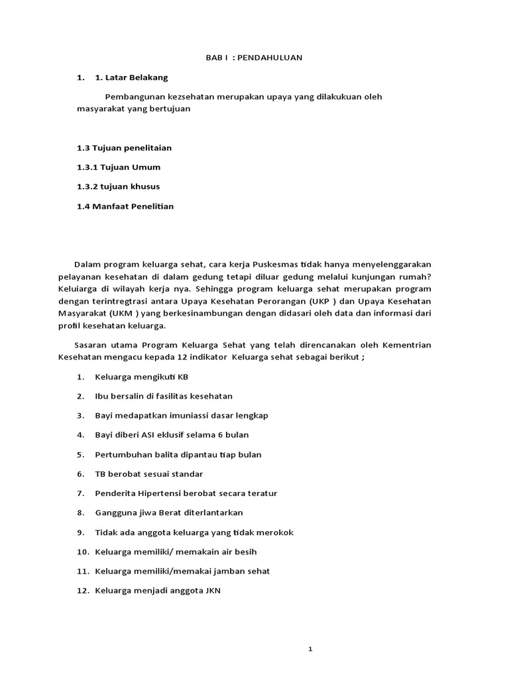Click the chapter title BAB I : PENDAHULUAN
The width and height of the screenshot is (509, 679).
click(254, 58)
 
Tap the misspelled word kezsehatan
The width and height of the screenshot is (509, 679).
click(189, 97)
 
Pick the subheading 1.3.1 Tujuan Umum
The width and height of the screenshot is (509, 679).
click(119, 167)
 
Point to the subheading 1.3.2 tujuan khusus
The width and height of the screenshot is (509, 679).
click(118, 186)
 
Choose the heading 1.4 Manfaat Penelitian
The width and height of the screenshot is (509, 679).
click(125, 206)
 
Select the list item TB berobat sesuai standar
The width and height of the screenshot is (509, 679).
click(149, 474)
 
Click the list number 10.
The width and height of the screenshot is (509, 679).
click(82, 552)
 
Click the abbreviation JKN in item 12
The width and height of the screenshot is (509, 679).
click(212, 590)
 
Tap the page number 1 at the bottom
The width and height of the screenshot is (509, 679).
click(310, 649)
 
